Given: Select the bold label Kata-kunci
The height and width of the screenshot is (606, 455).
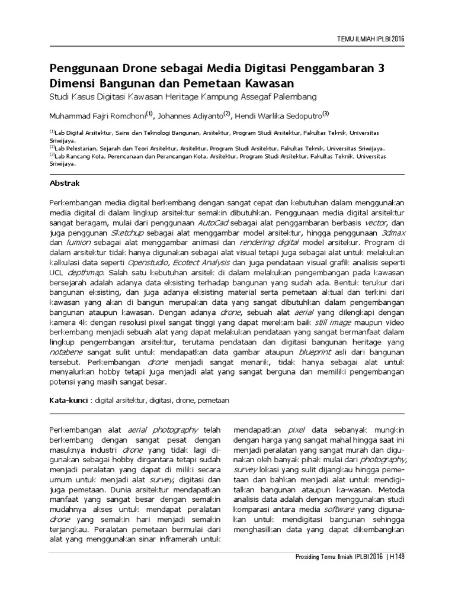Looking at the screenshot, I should point(68,401).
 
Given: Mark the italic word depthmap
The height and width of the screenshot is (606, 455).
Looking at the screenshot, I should point(86,273).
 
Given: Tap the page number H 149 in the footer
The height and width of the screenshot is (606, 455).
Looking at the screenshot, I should point(396,557).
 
